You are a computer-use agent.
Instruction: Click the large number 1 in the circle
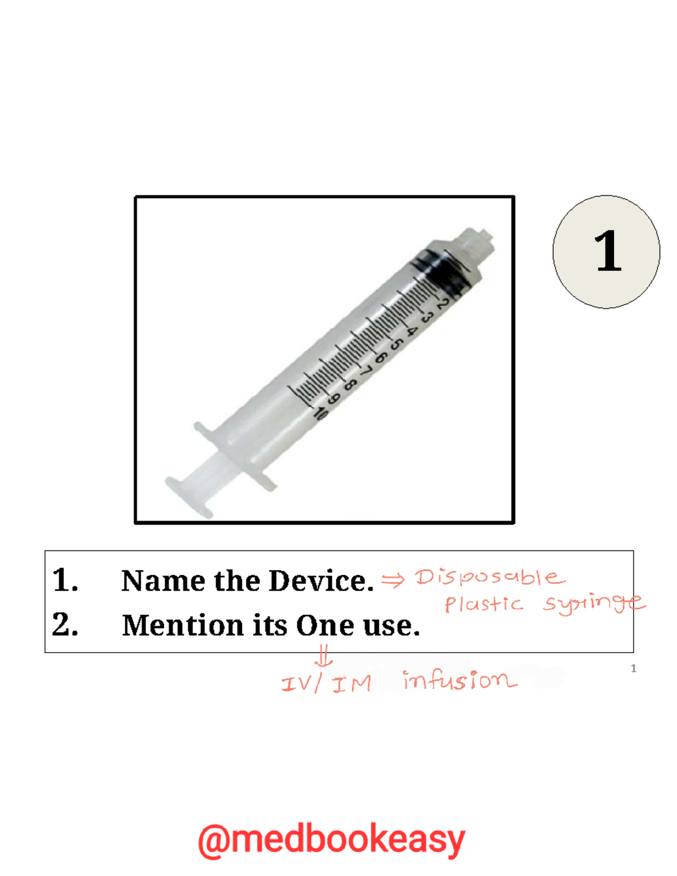pyautogui.click(x=608, y=251)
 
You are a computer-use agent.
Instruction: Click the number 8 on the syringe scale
pyautogui.click(x=350, y=385)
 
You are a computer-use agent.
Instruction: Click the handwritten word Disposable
pyautogui.click(x=489, y=578)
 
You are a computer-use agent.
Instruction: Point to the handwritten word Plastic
pyautogui.click(x=483, y=604)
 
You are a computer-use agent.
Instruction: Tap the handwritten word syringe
pyautogui.click(x=594, y=604)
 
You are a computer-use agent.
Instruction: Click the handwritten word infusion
pyautogui.click(x=459, y=681)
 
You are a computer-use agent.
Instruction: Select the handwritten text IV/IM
pyautogui.click(x=326, y=684)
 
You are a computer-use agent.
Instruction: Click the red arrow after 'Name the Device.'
pyautogui.click(x=393, y=579)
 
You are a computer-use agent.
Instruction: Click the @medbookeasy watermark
pyautogui.click(x=332, y=840)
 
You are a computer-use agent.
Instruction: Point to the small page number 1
pyautogui.click(x=634, y=668)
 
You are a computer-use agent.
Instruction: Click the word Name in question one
pyautogui.click(x=163, y=581)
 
